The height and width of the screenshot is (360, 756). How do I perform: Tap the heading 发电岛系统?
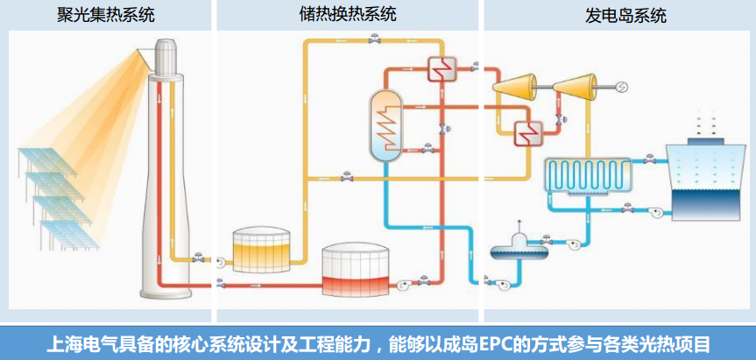click(625, 16)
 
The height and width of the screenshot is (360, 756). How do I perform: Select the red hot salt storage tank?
click(357, 272)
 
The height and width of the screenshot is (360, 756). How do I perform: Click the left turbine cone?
click(512, 87)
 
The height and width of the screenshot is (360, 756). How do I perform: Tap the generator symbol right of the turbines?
click(621, 86)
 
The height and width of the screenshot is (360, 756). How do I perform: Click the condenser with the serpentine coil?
click(586, 173)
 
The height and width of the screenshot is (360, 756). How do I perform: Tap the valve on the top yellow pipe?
click(374, 40)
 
